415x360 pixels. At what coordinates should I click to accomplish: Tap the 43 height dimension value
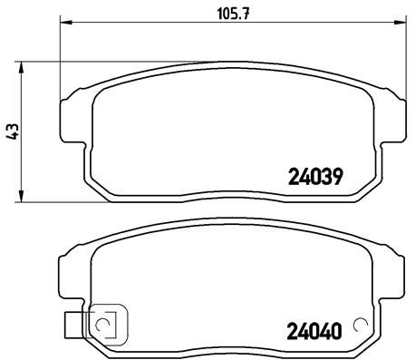pos(12,131)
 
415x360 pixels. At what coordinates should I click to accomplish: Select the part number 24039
pos(314,178)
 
